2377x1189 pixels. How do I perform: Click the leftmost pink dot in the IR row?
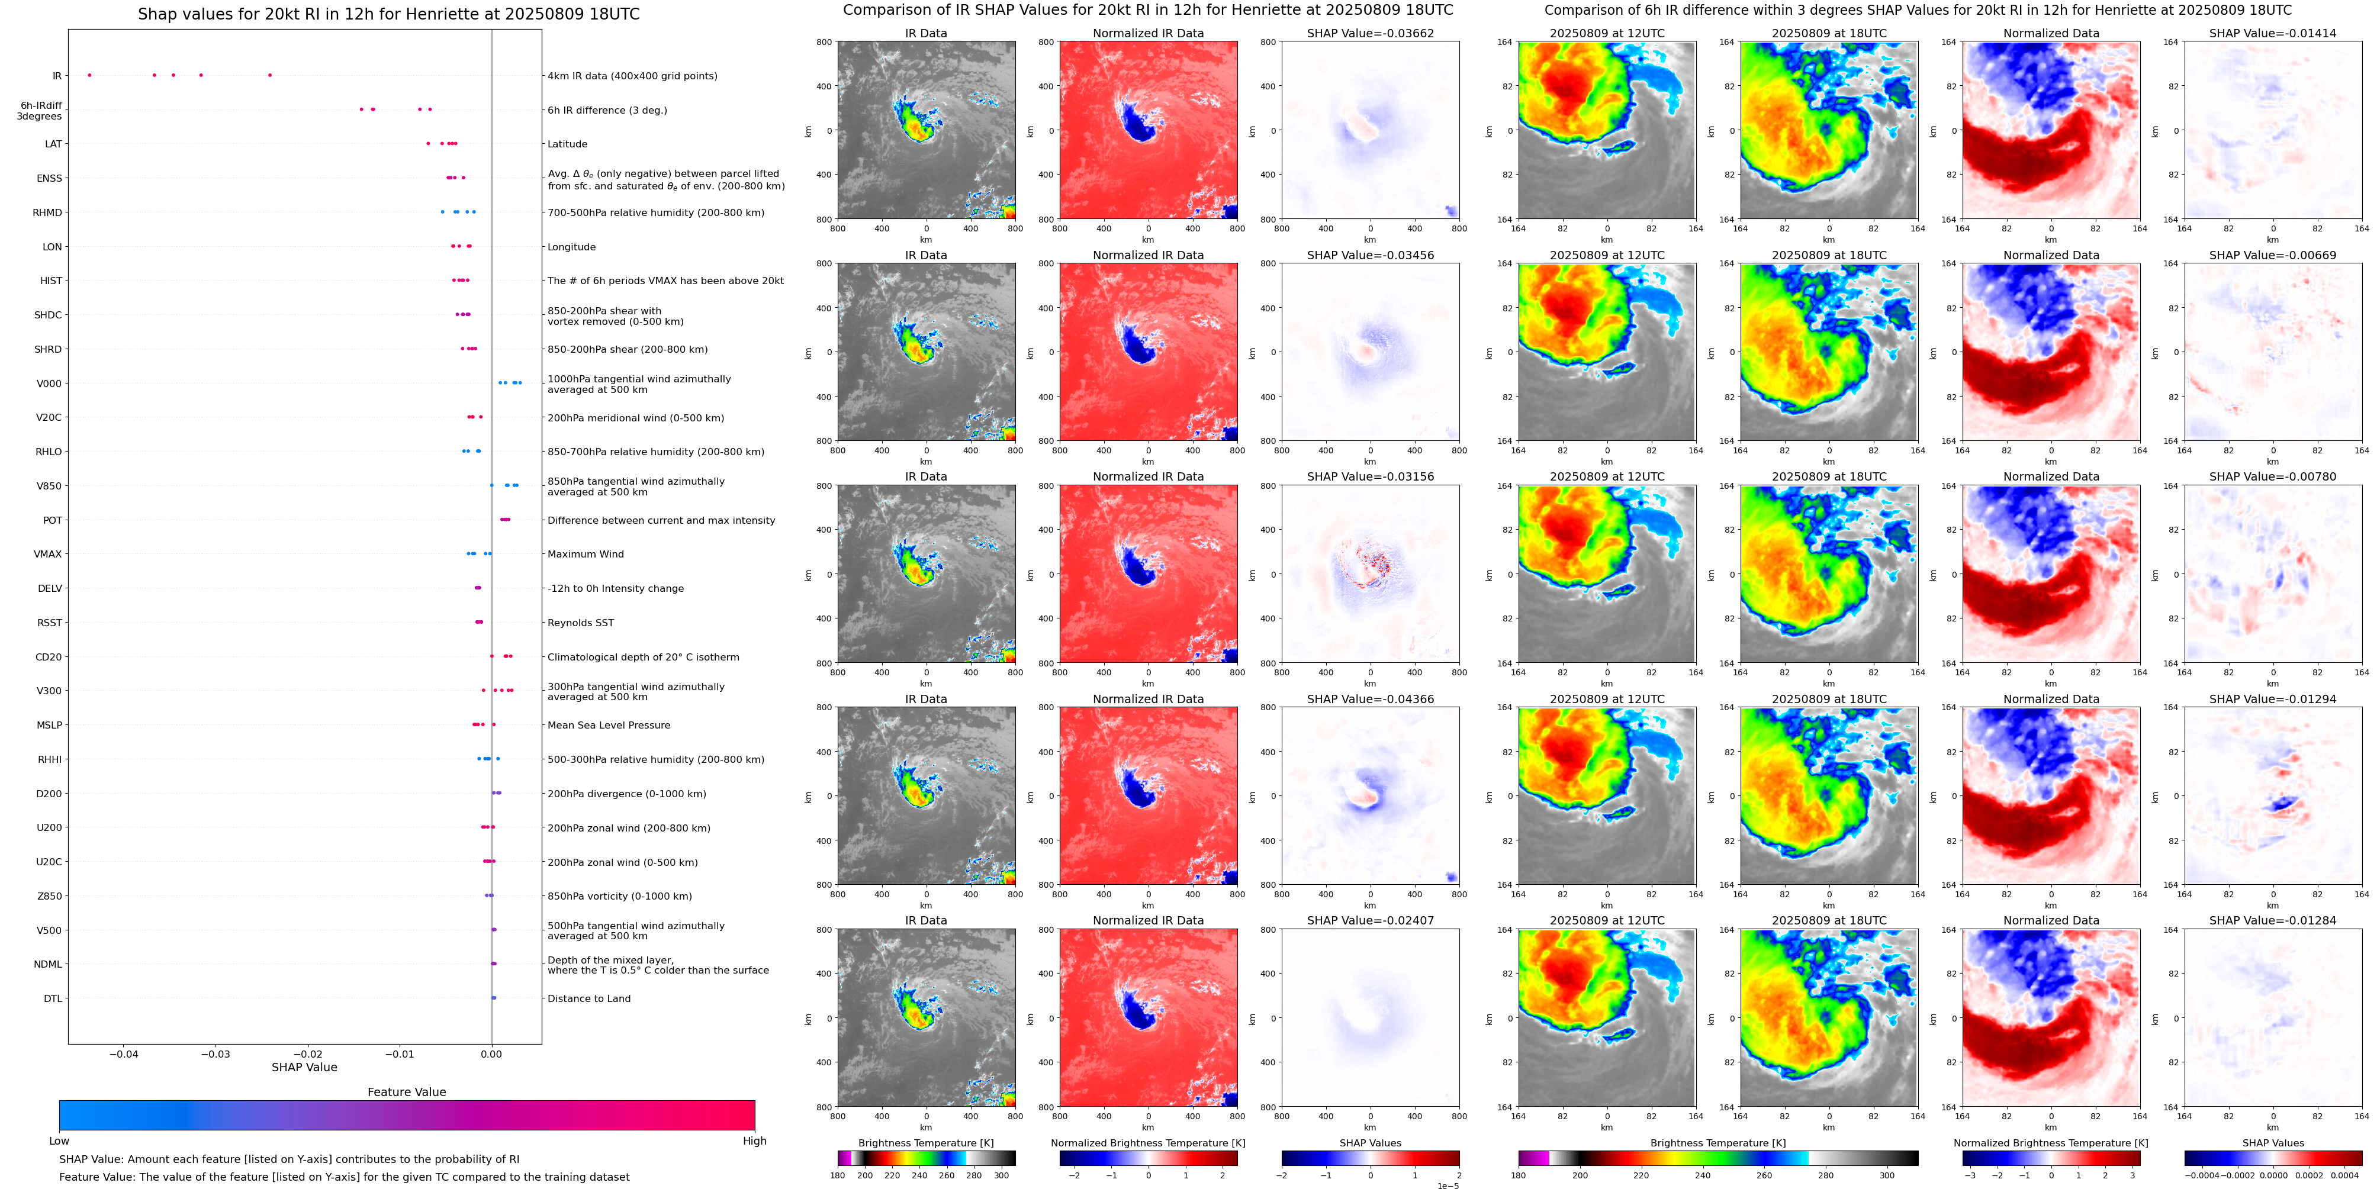point(89,75)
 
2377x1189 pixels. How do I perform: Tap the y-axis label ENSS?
point(49,178)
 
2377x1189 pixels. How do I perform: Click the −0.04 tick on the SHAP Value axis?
point(124,1053)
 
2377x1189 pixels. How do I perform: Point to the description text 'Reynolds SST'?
point(580,623)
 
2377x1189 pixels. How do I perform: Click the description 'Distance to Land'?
point(588,998)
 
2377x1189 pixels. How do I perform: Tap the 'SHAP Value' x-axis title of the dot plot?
point(304,1067)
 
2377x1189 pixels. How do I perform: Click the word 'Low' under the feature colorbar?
point(59,1141)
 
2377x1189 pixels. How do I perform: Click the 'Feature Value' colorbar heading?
point(406,1092)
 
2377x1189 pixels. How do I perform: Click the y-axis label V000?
point(49,384)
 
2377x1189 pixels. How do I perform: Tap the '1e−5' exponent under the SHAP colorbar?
point(1447,1185)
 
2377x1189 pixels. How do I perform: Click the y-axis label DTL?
point(53,998)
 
